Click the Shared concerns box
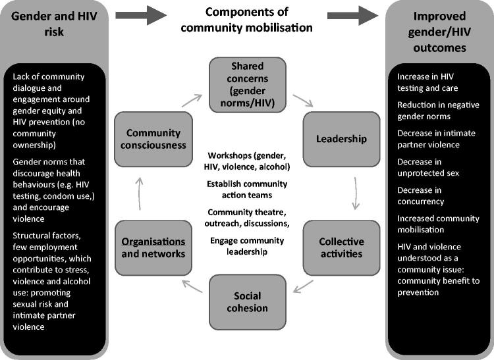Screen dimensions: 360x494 coord(247,85)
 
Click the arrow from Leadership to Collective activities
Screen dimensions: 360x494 coord(356,192)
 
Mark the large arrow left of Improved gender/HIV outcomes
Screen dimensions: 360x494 coord(350,14)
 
